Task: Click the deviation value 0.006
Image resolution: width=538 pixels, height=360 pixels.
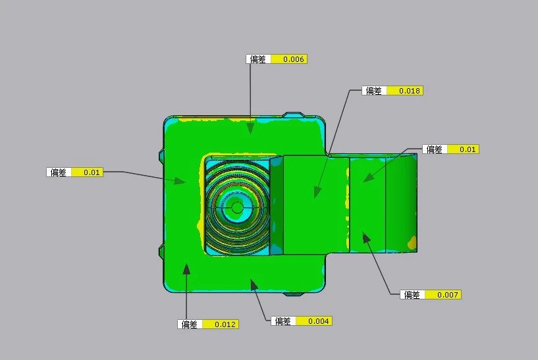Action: coord(293,59)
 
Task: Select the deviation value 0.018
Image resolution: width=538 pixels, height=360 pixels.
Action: coord(410,91)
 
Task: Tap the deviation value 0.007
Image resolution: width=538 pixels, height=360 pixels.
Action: coord(447,295)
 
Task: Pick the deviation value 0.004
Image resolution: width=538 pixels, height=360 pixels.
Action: coord(319,321)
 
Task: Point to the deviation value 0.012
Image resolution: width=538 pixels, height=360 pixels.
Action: coord(225,324)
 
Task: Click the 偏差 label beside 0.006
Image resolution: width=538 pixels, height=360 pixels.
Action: coord(257,59)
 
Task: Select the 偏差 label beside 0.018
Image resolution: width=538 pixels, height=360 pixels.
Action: coord(373,91)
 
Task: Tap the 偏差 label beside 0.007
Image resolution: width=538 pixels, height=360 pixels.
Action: coord(412,295)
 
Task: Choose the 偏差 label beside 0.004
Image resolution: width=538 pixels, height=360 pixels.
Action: coord(282,321)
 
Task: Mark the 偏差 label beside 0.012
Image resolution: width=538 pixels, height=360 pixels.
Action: coord(189,324)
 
